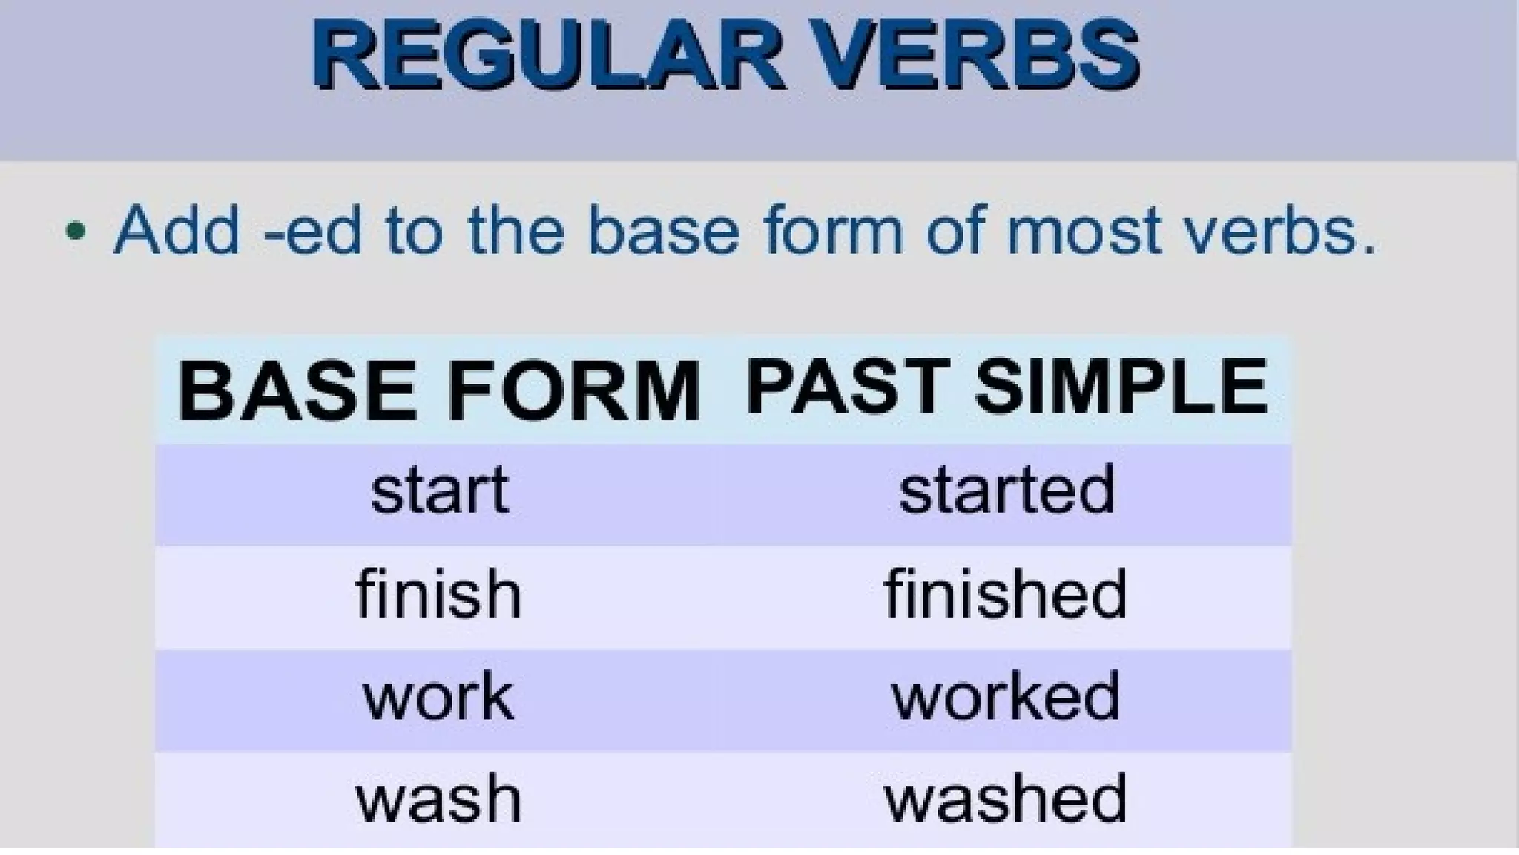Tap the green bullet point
pos(76,231)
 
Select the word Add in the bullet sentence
pos(177,231)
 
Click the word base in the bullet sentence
pos(664,231)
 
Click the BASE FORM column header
pos(438,390)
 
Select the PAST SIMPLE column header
pos(1006,387)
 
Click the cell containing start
pos(440,491)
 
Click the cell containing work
pos(438,697)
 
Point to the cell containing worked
pos(1006,697)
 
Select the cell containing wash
pos(438,799)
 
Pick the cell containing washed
pos(1006,799)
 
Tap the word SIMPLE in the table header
pos(1121,387)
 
